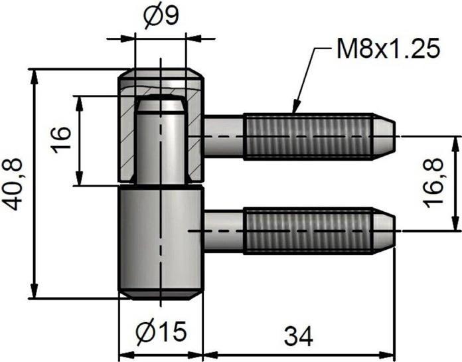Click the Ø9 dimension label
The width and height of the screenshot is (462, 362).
(160, 15)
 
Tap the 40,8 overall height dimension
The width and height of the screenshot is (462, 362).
(15, 183)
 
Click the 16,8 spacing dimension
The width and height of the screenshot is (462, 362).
(435, 183)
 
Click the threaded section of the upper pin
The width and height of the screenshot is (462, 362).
(308, 136)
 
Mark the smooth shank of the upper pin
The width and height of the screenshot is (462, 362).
(224, 136)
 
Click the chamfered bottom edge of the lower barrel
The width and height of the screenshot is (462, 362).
(160, 293)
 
